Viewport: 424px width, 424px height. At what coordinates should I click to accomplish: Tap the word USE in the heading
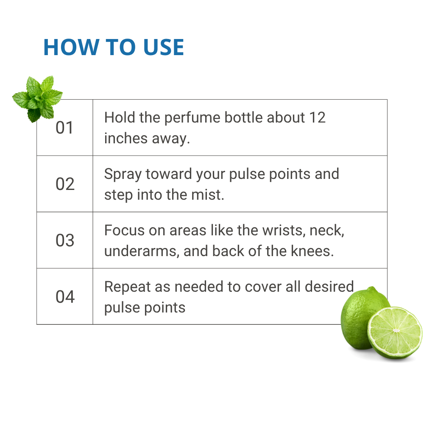pyautogui.click(x=164, y=47)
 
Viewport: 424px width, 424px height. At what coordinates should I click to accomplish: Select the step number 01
pyautogui.click(x=64, y=128)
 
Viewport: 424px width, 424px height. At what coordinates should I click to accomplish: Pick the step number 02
pyautogui.click(x=65, y=184)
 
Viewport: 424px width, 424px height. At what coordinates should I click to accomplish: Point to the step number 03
pyautogui.click(x=65, y=240)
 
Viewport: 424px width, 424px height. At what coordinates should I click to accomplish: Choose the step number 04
pyautogui.click(x=65, y=297)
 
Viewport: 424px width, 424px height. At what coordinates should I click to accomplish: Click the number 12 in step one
pyautogui.click(x=317, y=117)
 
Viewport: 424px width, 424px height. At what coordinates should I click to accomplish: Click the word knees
pyautogui.click(x=312, y=251)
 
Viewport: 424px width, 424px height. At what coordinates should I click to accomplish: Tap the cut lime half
pyautogui.click(x=395, y=332)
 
